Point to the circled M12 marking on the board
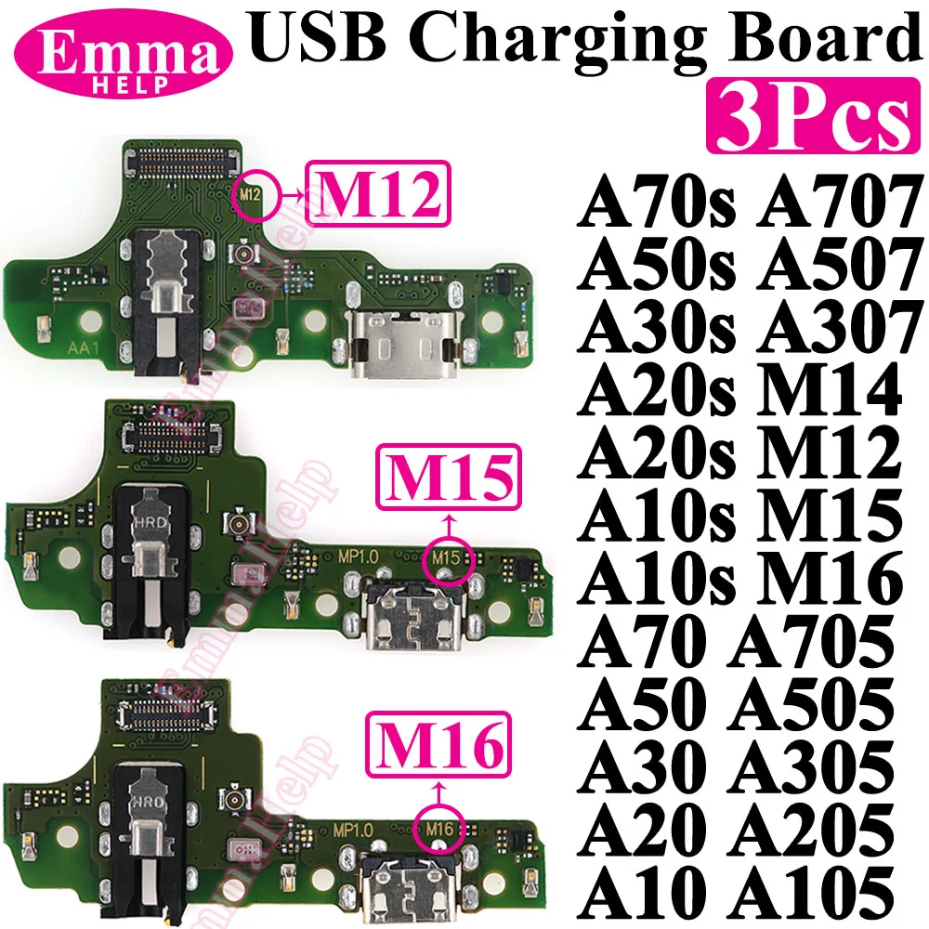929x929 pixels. point(247,194)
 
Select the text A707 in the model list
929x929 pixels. point(832,199)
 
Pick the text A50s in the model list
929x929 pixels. point(655,263)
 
